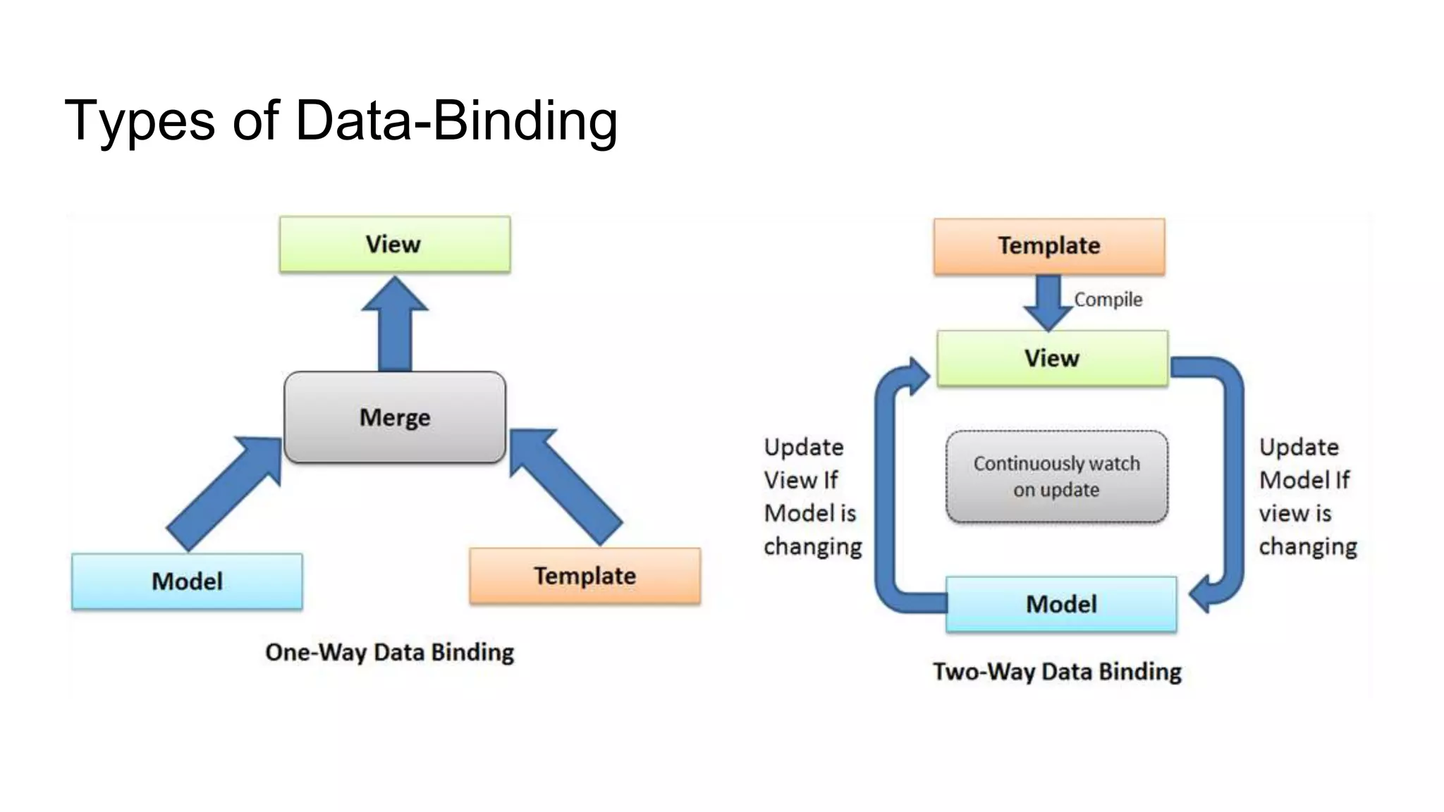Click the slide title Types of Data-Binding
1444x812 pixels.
point(341,121)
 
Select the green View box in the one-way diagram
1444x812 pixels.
point(394,244)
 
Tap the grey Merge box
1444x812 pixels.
point(394,417)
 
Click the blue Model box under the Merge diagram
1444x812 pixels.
point(187,582)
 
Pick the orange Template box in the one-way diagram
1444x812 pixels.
point(585,576)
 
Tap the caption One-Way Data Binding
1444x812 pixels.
point(389,652)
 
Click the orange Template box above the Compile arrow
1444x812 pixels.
point(1048,246)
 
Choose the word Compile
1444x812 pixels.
point(1108,300)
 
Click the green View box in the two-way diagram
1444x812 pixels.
point(1052,358)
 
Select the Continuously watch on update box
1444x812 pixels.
point(1056,476)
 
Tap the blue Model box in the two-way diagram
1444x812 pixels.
point(1061,604)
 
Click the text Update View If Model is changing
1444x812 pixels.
point(812,497)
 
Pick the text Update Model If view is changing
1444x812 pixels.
point(1307,497)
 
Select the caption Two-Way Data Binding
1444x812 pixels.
point(1057,672)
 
